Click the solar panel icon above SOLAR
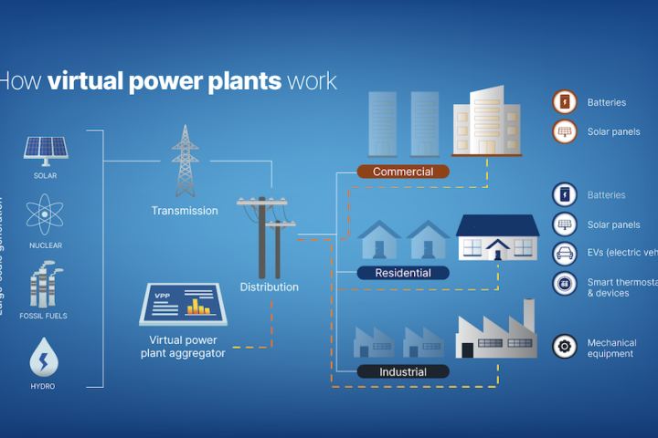pyautogui.click(x=45, y=149)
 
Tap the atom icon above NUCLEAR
pyautogui.click(x=45, y=214)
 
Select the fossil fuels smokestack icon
pyautogui.click(x=45, y=284)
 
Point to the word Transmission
pyautogui.click(x=185, y=211)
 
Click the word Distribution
pyautogui.click(x=269, y=287)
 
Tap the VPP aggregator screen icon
pyautogui.click(x=183, y=305)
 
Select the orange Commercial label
pyautogui.click(x=403, y=172)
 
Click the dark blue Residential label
pyautogui.click(x=403, y=273)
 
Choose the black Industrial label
pyautogui.click(x=403, y=371)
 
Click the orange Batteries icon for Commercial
pyautogui.click(x=565, y=102)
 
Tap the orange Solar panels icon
pyautogui.click(x=565, y=131)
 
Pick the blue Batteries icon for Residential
pyautogui.click(x=565, y=194)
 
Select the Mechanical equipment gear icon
pyautogui.click(x=565, y=347)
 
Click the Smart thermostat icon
pyautogui.click(x=565, y=285)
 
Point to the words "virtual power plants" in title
pyautogui.click(x=164, y=81)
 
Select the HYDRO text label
pyautogui.click(x=43, y=386)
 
